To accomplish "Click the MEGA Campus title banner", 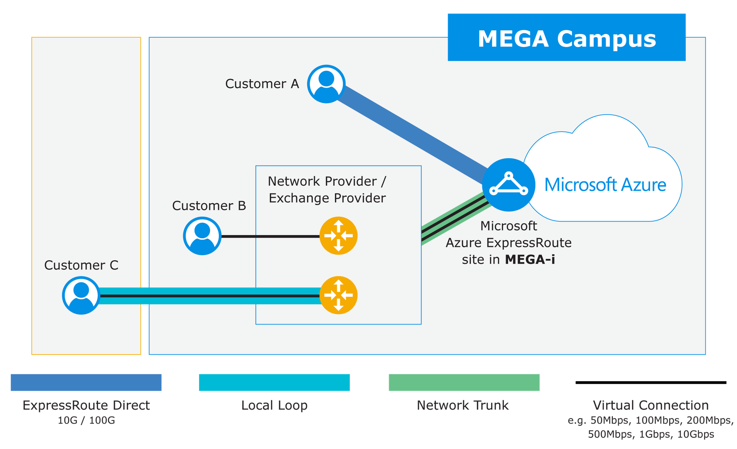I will coord(566,38).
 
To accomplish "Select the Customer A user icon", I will coord(326,84).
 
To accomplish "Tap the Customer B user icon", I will coord(202,236).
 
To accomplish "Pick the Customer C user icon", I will coord(81,295).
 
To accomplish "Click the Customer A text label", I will coord(262,84).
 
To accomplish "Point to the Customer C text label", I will coord(81,265).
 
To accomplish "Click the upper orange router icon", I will coord(338,236).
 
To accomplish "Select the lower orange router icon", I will coord(338,295).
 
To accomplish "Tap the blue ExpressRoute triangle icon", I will coord(509,185).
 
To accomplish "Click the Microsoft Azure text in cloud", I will coord(605,185).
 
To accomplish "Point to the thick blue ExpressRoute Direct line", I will coord(413,133).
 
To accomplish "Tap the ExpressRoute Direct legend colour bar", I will coord(86,382).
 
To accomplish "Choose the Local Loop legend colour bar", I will coord(274,382).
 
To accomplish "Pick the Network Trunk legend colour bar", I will coord(464,382).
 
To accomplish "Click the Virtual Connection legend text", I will coord(651,406).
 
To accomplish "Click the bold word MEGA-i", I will coord(530,260).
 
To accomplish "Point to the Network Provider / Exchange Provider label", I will coord(327,190).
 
